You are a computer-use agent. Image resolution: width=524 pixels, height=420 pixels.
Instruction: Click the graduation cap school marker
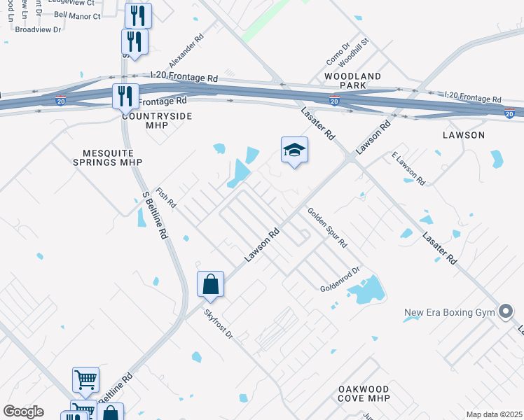[x=295, y=150]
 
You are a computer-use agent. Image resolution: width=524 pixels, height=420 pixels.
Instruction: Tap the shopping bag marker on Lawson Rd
[x=210, y=285]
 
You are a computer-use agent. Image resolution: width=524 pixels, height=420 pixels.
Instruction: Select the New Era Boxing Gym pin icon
[x=505, y=313]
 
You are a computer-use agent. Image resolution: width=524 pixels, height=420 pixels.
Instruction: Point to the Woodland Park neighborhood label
[x=352, y=80]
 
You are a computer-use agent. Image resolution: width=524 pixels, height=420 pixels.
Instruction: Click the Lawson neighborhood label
[x=464, y=134]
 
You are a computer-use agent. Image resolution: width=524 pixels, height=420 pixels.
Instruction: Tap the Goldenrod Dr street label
[x=340, y=279]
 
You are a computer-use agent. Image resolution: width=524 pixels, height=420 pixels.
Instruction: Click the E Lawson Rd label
[x=408, y=168]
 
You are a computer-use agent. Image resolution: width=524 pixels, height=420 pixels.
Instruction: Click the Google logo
[x=23, y=412]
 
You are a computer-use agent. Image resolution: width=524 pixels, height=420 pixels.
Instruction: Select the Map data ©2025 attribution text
[x=494, y=414]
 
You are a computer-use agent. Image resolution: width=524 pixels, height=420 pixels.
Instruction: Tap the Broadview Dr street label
[x=39, y=29]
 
